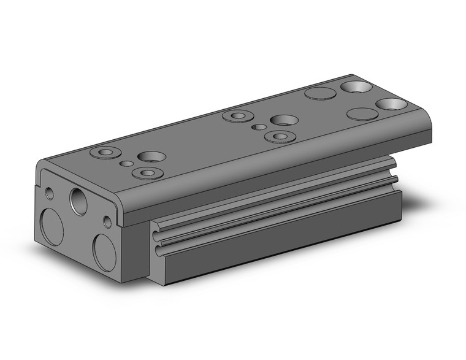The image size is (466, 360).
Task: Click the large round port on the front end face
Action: pyautogui.click(x=79, y=200)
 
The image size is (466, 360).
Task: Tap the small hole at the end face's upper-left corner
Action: pyautogui.click(x=50, y=194)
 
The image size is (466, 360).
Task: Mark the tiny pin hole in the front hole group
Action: pyautogui.click(x=127, y=163)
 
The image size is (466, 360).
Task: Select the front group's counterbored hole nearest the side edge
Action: pyautogui.click(x=146, y=174)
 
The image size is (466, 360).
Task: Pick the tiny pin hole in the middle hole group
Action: pyautogui.click(x=261, y=127)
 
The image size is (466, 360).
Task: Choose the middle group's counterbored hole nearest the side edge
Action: pyautogui.click(x=280, y=136)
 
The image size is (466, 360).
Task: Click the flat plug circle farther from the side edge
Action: pyautogui.click(x=321, y=94)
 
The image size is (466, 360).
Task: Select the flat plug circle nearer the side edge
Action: pyautogui.click(x=361, y=114)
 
